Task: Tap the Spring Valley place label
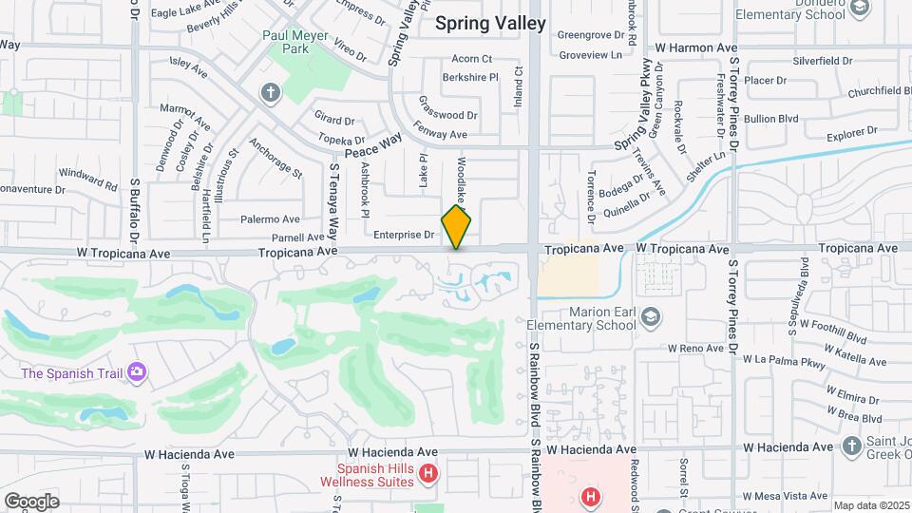(490, 24)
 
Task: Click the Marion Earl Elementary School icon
(651, 316)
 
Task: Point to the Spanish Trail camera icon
(138, 371)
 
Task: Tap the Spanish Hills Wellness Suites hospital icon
(428, 473)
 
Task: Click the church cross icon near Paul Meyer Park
(271, 92)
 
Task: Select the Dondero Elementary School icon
(860, 9)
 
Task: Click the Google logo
(31, 502)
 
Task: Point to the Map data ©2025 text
(870, 505)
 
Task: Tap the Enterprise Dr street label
(403, 234)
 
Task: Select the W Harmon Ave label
(696, 47)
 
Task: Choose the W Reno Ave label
(696, 348)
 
